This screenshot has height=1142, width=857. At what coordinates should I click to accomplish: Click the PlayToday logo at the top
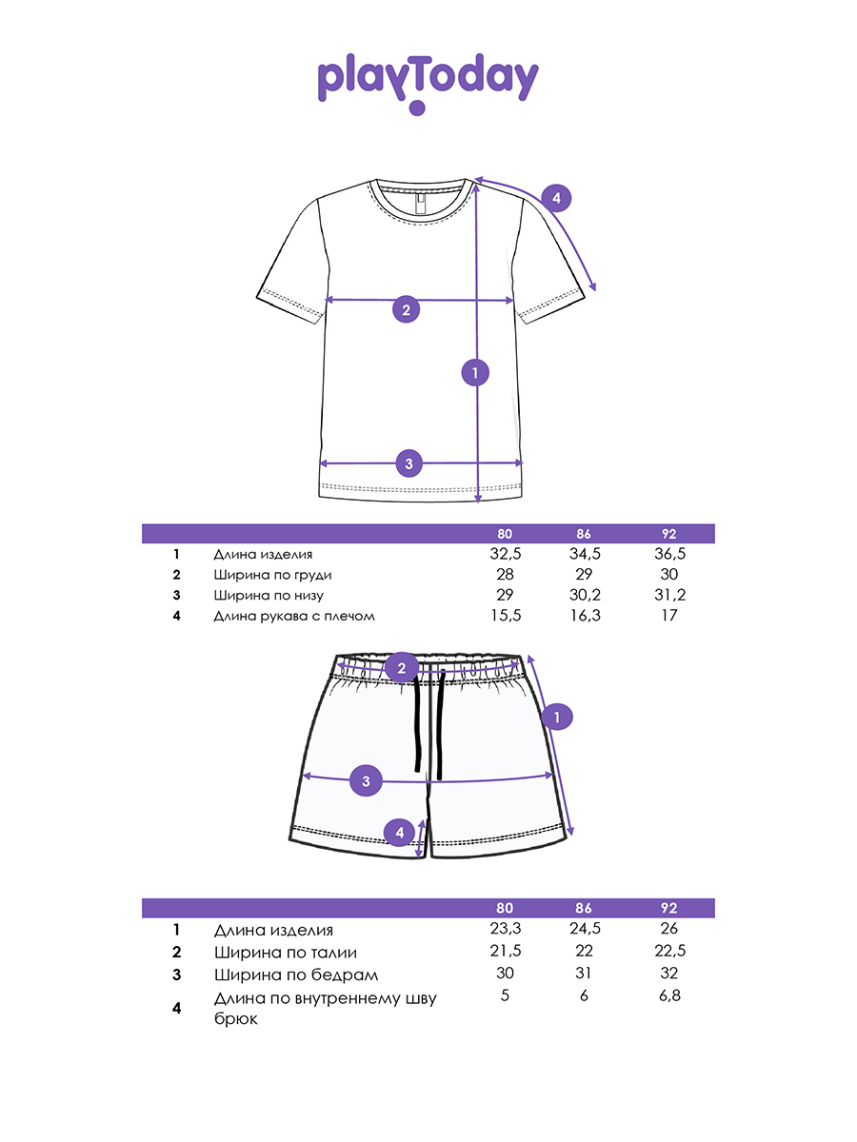click(x=428, y=81)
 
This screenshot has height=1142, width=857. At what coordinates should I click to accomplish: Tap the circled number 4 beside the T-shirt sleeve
click(x=556, y=198)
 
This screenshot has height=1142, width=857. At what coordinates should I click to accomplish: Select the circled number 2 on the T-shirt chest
click(x=406, y=308)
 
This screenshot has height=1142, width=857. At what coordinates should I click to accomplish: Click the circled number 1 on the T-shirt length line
click(x=474, y=372)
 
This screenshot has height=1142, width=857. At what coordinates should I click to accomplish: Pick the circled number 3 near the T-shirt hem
click(x=409, y=463)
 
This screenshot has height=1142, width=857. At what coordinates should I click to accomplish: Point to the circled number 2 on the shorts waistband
click(x=402, y=668)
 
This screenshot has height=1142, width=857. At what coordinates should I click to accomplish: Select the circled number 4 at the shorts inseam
click(x=400, y=833)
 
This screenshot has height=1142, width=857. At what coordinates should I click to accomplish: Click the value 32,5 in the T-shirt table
click(x=505, y=554)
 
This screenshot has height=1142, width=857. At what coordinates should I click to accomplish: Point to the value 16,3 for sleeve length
click(x=584, y=616)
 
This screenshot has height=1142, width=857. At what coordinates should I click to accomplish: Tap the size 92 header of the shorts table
click(x=670, y=909)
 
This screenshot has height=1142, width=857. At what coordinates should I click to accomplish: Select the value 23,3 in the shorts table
click(x=505, y=929)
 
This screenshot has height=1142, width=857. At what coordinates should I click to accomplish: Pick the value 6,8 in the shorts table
click(x=670, y=995)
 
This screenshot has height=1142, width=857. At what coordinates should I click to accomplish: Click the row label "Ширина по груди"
click(x=273, y=575)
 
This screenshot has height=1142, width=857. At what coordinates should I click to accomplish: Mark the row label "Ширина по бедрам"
click(x=296, y=975)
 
